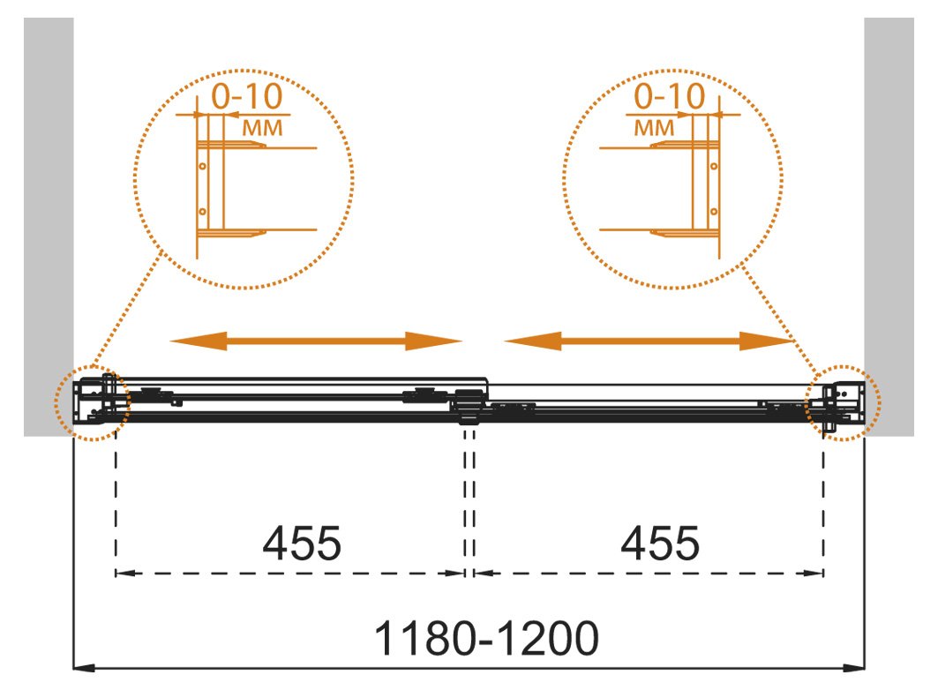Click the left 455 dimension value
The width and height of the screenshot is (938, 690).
(302, 543)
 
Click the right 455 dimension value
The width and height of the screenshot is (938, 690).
(660, 543)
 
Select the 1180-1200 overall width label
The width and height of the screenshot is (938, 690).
(486, 638)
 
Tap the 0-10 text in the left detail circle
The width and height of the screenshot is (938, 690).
(247, 96)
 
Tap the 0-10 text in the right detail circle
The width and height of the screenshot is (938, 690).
(670, 96)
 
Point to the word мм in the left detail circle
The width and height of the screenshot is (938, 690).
(262, 127)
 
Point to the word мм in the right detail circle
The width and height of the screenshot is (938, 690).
(654, 127)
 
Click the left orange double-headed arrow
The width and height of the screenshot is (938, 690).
(316, 341)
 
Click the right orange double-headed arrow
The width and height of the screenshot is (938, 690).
(649, 341)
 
